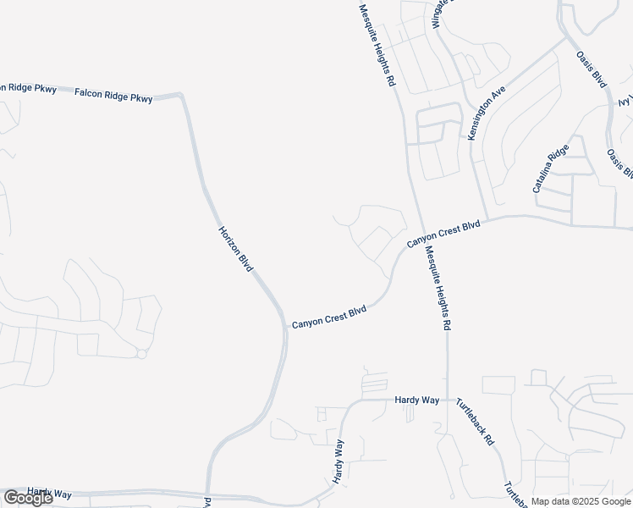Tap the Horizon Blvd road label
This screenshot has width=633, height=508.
pos(236,249)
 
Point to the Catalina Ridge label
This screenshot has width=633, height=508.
pos(550,168)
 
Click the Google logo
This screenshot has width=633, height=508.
pos(28,498)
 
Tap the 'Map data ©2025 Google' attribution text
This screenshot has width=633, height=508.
pos(581,501)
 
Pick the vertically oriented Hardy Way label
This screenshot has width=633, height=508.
pos(339,461)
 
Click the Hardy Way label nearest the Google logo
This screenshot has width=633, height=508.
pos(49,493)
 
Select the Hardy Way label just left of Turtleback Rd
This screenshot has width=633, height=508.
pos(416,400)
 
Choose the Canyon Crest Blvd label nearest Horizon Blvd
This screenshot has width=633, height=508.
pos(329,318)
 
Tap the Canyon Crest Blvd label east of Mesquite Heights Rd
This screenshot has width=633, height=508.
pos(443,234)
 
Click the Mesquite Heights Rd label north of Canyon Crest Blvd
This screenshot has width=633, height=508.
pos(377,46)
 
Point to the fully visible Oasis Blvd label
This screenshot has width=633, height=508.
pos(592,69)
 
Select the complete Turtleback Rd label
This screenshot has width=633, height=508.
pos(475,422)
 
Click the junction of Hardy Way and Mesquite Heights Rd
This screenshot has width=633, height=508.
pos(446,400)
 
